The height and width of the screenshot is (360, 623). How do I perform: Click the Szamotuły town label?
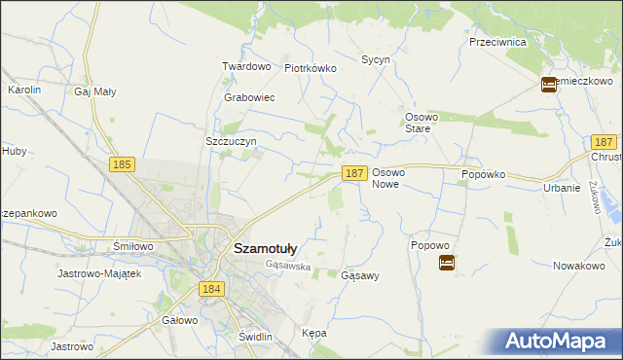[265, 248]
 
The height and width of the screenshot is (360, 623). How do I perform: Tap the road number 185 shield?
[122, 165]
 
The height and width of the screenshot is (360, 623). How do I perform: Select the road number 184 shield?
[212, 289]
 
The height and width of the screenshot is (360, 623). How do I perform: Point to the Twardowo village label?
[245, 66]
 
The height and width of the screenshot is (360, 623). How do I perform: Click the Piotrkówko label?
[310, 68]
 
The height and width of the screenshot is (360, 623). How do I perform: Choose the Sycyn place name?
[376, 59]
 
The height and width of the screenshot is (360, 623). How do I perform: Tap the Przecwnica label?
[497, 43]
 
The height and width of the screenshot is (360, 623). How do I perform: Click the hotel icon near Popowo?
[446, 263]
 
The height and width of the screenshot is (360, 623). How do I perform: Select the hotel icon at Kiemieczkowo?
[549, 85]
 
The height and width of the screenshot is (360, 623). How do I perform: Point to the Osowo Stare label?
[423, 122]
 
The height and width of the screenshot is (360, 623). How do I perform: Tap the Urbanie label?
[563, 188]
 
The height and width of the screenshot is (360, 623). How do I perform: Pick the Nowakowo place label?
[579, 266]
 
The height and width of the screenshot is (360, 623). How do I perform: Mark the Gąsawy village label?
[360, 275]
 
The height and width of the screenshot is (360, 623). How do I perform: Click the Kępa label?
[314, 333]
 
